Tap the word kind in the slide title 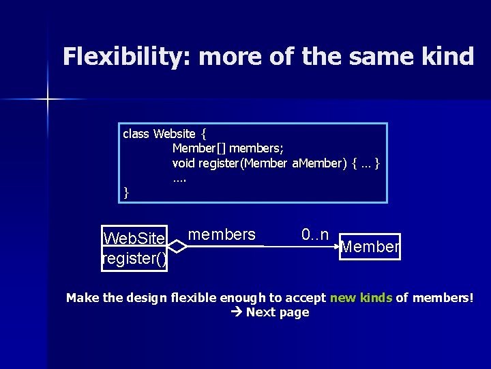click(447, 57)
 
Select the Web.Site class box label click(134, 238)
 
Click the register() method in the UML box click(134, 258)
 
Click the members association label click(222, 235)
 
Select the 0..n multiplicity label click(315, 235)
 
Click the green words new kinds click(360, 297)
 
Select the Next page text click(278, 312)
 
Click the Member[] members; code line click(228, 148)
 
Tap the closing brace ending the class click(126, 193)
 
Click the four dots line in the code click(179, 179)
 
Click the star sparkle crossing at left click(48, 100)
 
